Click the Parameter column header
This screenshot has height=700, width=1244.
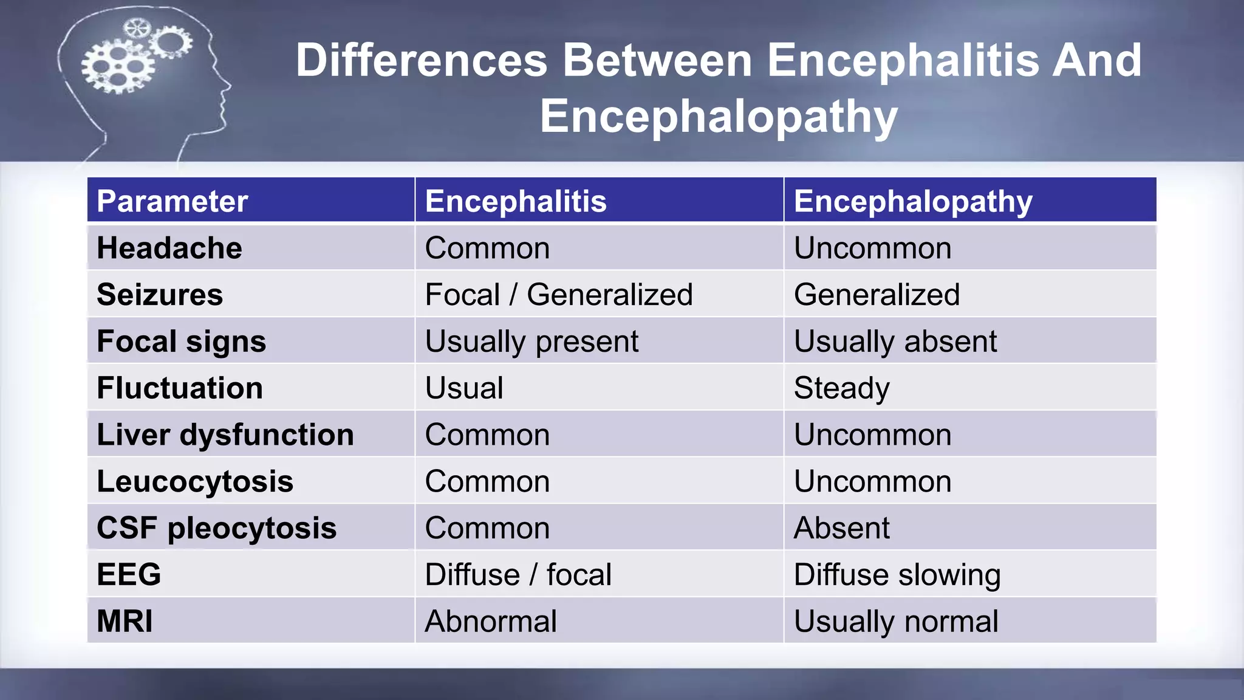pyautogui.click(x=173, y=201)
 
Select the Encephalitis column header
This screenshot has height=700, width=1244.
pyautogui.click(x=516, y=201)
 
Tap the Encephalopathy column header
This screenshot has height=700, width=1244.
pyautogui.click(x=912, y=201)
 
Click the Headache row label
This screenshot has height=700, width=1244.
pyautogui.click(x=169, y=248)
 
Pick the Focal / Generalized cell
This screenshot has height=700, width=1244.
pyautogui.click(x=559, y=295)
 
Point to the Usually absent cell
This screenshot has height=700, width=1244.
pyautogui.click(x=895, y=341)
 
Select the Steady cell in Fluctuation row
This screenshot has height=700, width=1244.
pyautogui.click(x=841, y=388)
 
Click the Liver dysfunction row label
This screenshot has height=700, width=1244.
pyautogui.click(x=225, y=434)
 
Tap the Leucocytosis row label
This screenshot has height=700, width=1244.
pyautogui.click(x=195, y=481)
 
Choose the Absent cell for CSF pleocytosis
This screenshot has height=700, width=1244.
pyautogui.click(x=841, y=527)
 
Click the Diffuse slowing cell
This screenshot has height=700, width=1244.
pyautogui.click(x=897, y=574)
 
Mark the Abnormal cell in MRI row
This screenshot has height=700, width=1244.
pyautogui.click(x=491, y=621)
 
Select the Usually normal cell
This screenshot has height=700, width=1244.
pyautogui.click(x=896, y=621)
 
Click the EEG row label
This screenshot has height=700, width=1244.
pyautogui.click(x=129, y=574)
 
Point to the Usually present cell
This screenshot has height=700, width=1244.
pyautogui.click(x=531, y=341)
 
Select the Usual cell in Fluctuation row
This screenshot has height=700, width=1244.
pyautogui.click(x=464, y=388)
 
